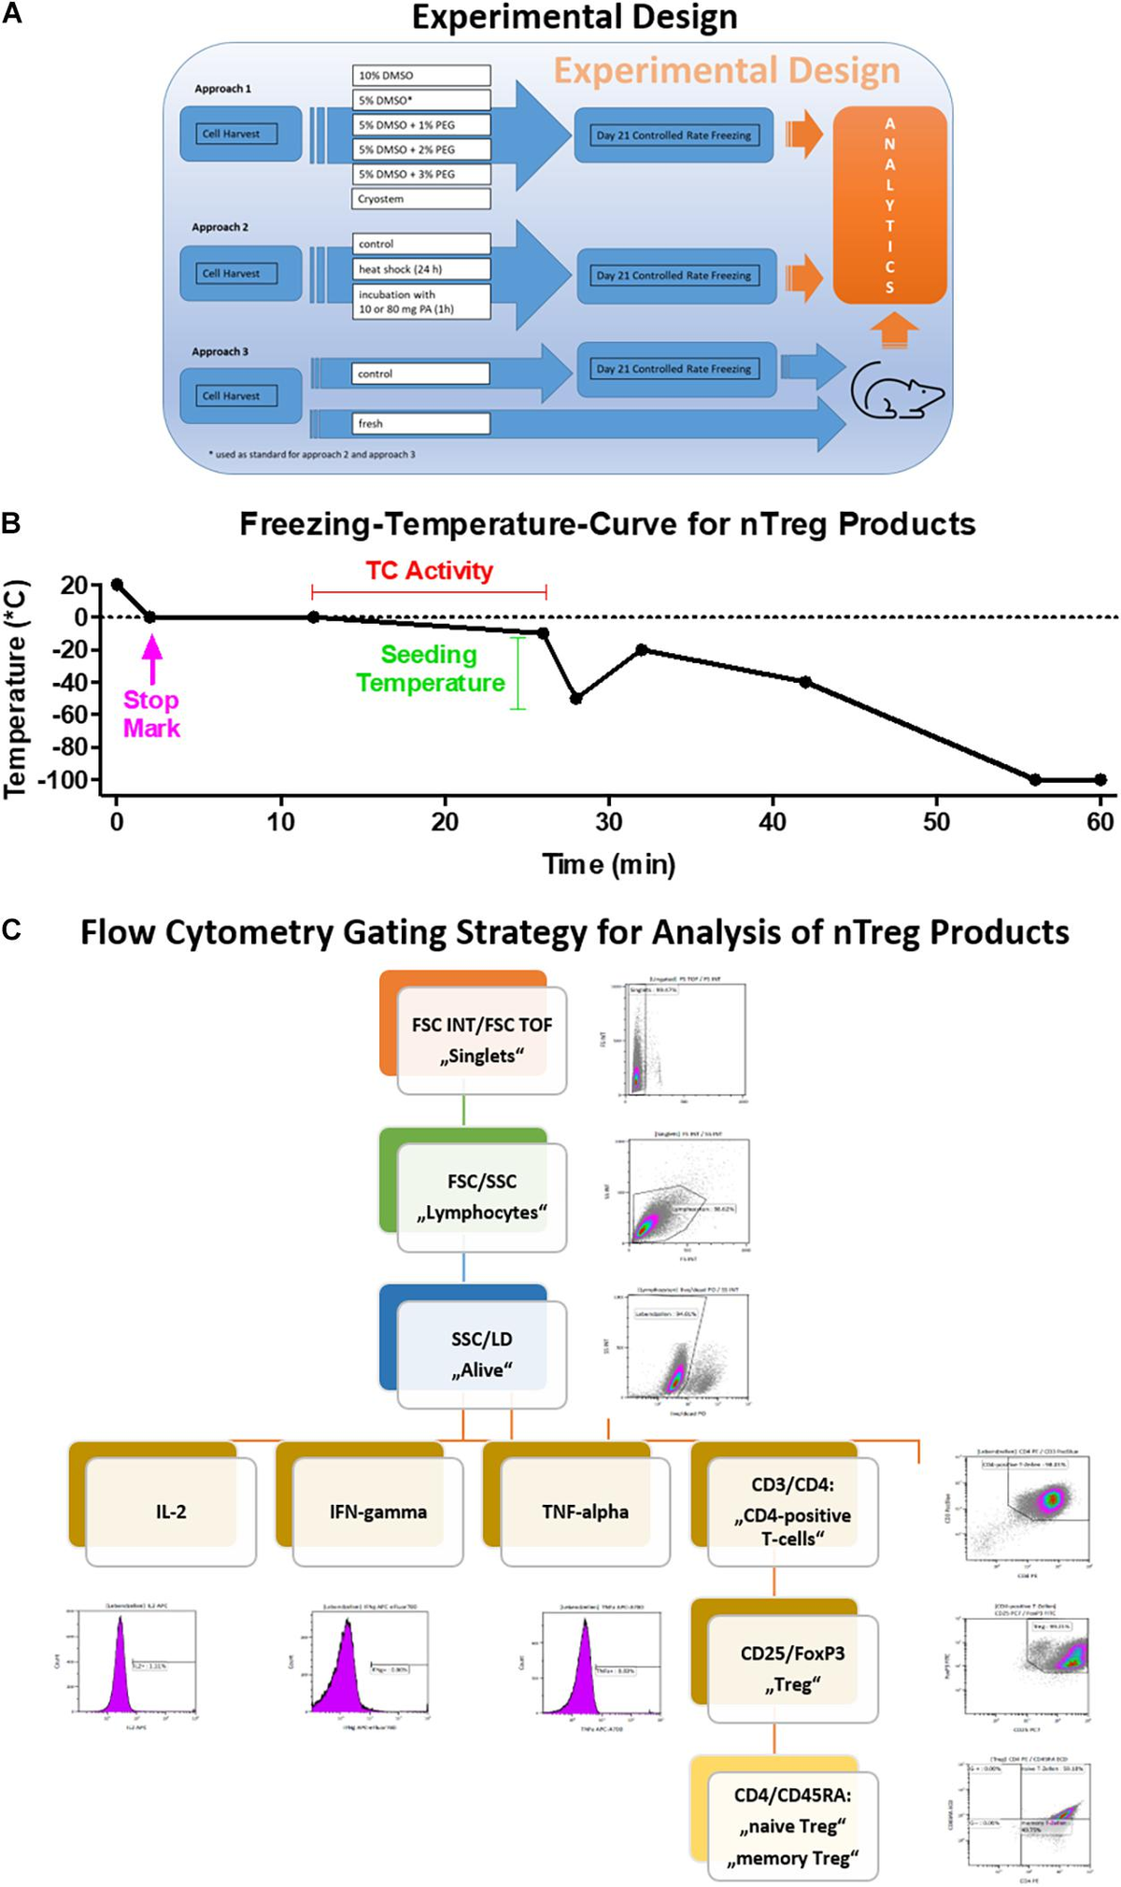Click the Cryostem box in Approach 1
[x=421, y=199]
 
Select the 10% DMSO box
[x=421, y=76]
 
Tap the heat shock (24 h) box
[x=421, y=269]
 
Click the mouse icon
[x=896, y=390]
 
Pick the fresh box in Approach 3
[x=421, y=423]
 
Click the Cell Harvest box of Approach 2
[x=240, y=274]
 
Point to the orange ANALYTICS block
[x=889, y=206]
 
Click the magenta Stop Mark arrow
[x=151, y=659]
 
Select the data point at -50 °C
[x=576, y=699]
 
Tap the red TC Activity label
[x=429, y=571]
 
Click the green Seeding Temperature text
[x=430, y=669]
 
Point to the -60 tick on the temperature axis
[x=69, y=715]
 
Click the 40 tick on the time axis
[x=773, y=821]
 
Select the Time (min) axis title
[x=609, y=864]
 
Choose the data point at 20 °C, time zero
[x=117, y=585]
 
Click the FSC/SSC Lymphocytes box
[x=481, y=1197]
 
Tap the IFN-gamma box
[x=377, y=1511]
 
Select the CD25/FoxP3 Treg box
[x=792, y=1668]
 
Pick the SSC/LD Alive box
[x=481, y=1354]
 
